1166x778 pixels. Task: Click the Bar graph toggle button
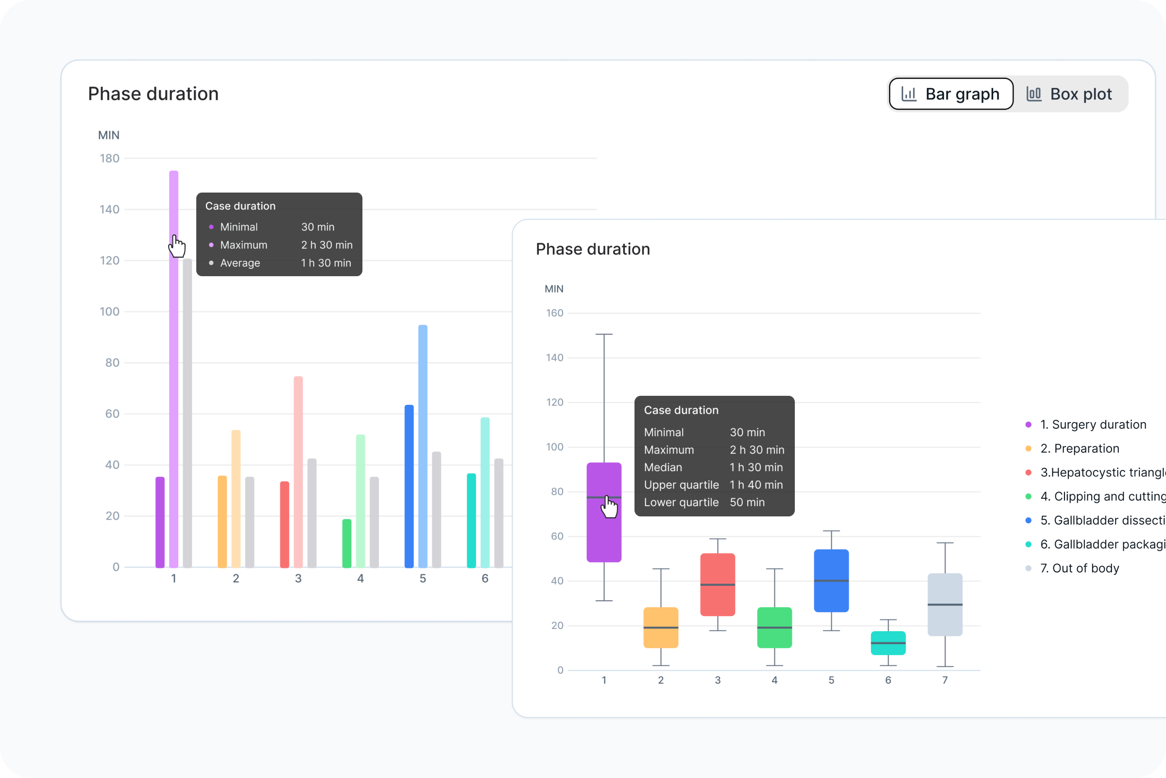point(951,94)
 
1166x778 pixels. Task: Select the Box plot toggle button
point(1069,94)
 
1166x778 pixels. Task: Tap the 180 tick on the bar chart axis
point(110,159)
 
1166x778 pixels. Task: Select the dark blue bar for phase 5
point(409,486)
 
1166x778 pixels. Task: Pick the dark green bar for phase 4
point(347,543)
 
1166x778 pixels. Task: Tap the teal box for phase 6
point(888,643)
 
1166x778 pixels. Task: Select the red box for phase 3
point(718,584)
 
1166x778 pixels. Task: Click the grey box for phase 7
point(945,604)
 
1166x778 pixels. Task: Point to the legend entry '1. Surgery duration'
point(1093,424)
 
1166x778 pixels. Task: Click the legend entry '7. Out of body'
point(1079,568)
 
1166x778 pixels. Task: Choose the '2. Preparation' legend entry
point(1079,448)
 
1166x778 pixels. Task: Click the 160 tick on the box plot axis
point(555,313)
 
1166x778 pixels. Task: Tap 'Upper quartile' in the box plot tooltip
point(681,485)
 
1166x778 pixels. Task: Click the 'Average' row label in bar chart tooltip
point(240,263)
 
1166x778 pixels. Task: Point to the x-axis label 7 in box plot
point(945,680)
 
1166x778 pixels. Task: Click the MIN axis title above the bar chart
point(108,135)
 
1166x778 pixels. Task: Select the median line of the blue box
point(831,581)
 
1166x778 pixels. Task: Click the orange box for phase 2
point(661,627)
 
